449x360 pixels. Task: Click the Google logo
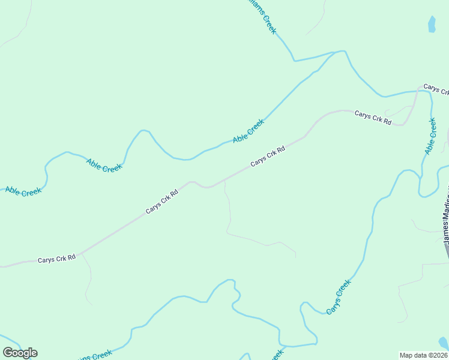tap(20, 352)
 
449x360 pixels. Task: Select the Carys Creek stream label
tap(339, 298)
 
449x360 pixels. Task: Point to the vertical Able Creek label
tap(430, 136)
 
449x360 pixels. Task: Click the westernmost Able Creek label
tap(23, 191)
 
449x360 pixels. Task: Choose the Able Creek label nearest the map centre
tap(248, 131)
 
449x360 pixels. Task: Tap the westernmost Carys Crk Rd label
tap(56, 259)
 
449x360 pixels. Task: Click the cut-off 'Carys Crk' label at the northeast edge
tap(436, 89)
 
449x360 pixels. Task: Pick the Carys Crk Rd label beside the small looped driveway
tap(372, 118)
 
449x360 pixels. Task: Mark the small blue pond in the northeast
tap(431, 24)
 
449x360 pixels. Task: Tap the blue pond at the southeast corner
tap(444, 343)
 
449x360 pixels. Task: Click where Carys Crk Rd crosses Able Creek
tap(417, 92)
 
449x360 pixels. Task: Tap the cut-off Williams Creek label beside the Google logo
tap(92, 356)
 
